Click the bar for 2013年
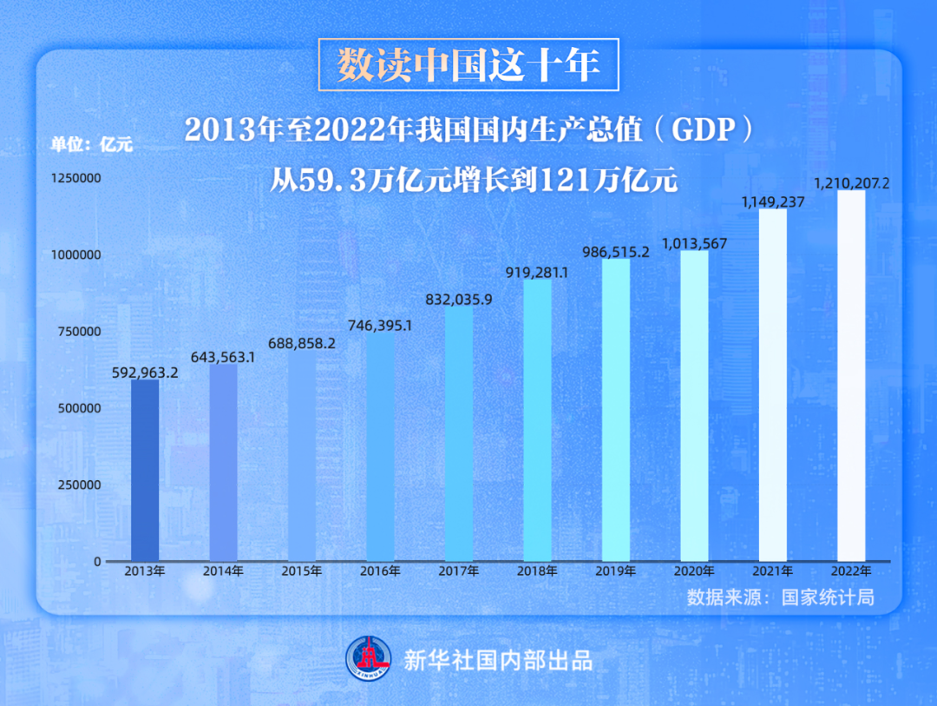point(145,470)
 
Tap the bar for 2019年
point(616,410)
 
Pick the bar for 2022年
point(851,375)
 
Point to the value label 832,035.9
point(459,300)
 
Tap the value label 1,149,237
point(773,202)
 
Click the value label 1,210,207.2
point(852,183)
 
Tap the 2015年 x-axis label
point(302,571)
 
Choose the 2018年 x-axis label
point(537,571)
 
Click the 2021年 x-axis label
point(773,571)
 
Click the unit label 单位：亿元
point(91,145)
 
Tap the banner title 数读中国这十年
point(468,65)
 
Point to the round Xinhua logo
point(370,659)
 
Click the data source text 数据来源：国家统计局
point(779,597)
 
